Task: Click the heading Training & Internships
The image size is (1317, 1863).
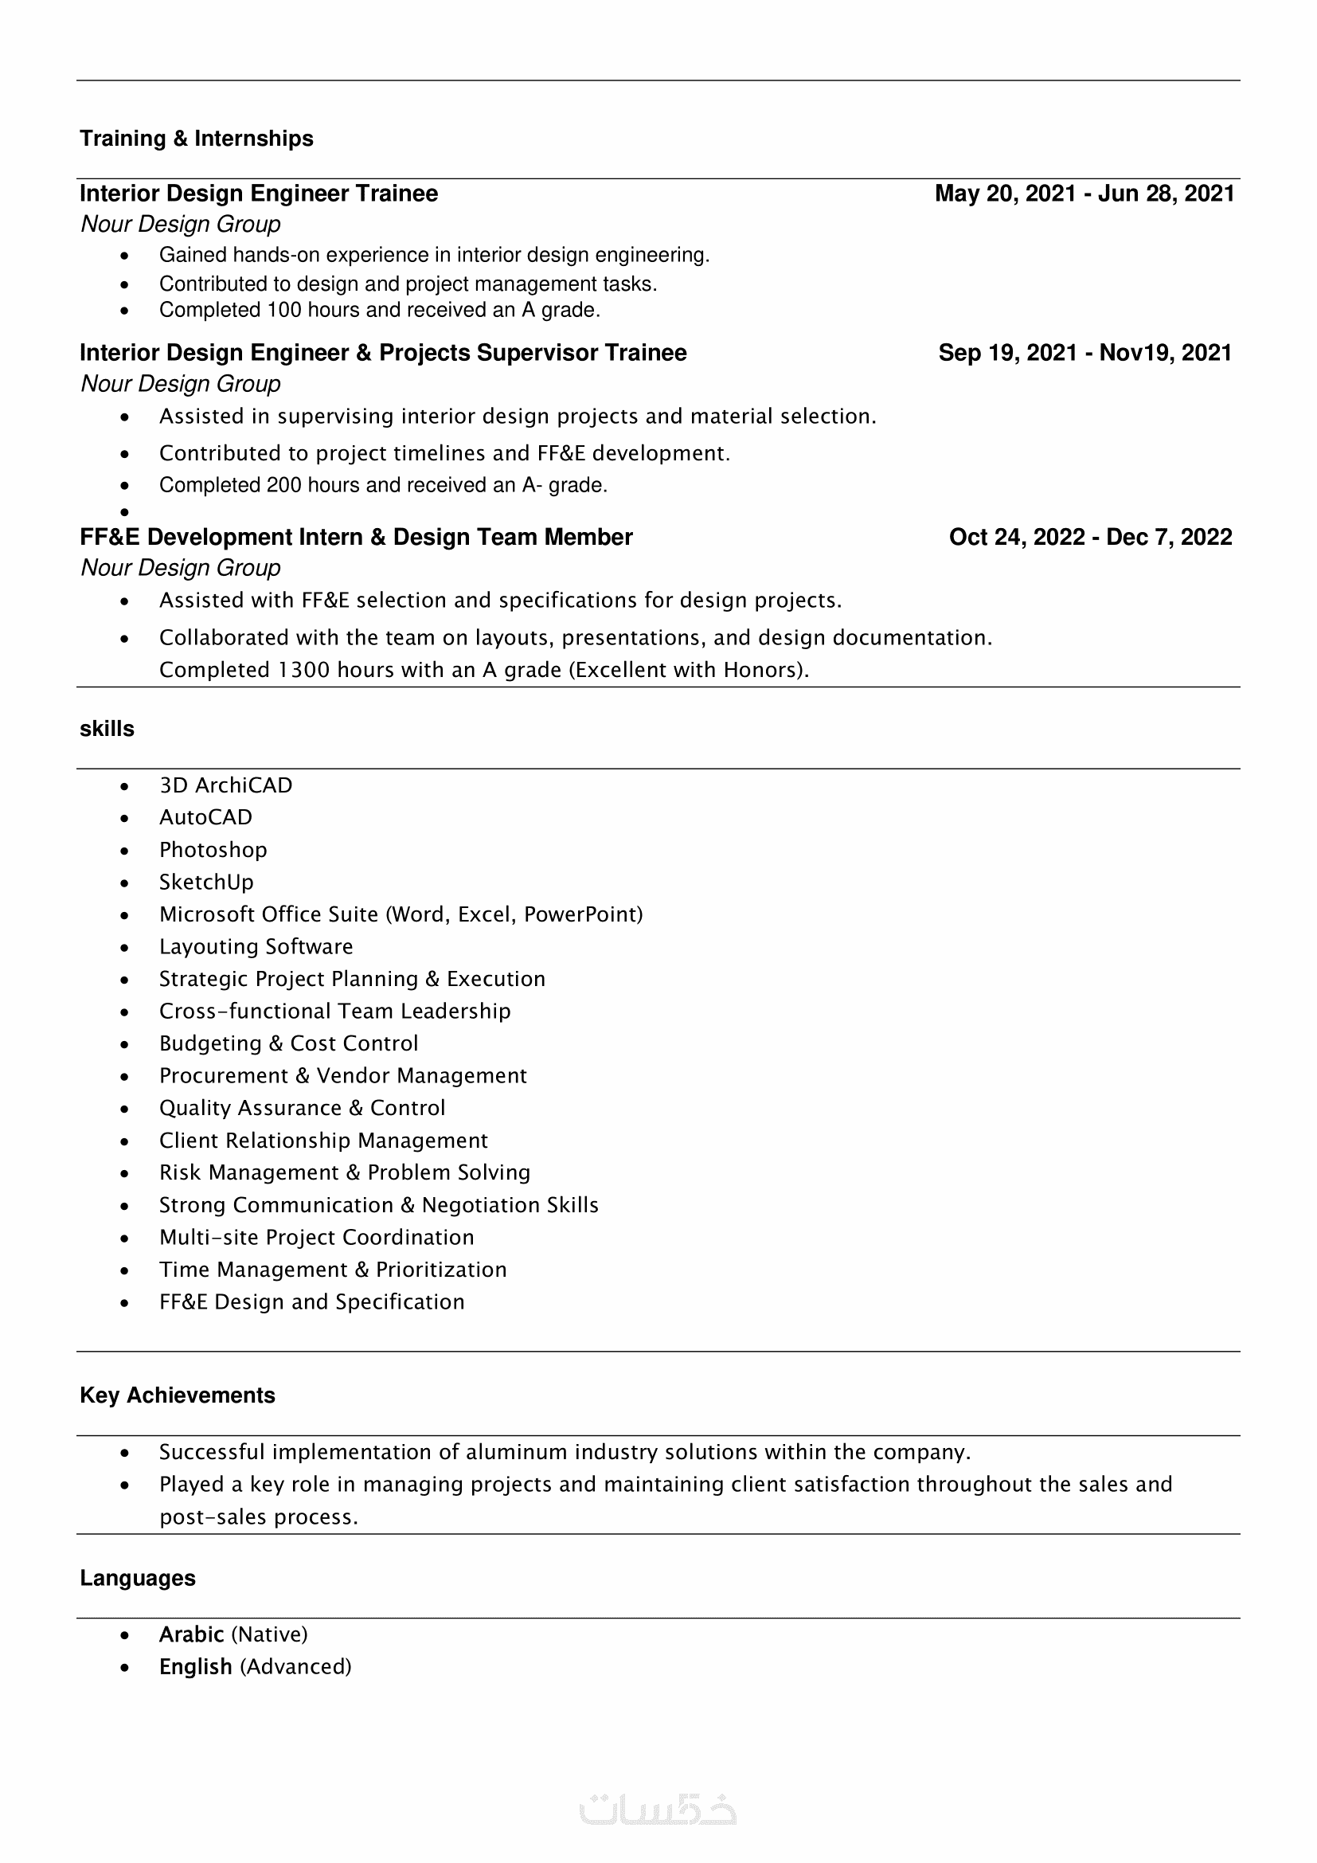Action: click(196, 139)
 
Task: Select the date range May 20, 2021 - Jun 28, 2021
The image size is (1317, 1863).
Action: click(1084, 194)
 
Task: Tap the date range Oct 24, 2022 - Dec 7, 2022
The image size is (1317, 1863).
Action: click(1090, 537)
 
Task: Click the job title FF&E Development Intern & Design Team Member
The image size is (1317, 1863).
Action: click(356, 537)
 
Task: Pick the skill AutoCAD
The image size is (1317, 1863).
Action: click(205, 817)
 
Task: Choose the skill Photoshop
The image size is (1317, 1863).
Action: click(213, 850)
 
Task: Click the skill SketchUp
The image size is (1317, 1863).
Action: click(206, 882)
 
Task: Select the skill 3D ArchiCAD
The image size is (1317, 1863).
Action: click(225, 785)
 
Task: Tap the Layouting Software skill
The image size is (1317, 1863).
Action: click(256, 947)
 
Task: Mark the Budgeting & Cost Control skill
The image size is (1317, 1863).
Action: click(289, 1043)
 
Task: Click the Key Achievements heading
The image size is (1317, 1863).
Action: click(178, 1395)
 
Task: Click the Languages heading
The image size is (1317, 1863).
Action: click(138, 1578)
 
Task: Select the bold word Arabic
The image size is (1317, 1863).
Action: click(191, 1634)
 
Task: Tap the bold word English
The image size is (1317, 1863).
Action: click(195, 1666)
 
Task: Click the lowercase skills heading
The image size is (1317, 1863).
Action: click(107, 729)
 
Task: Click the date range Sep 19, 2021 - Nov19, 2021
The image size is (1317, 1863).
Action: click(1085, 353)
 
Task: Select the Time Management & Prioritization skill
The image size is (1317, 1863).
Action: click(333, 1270)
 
